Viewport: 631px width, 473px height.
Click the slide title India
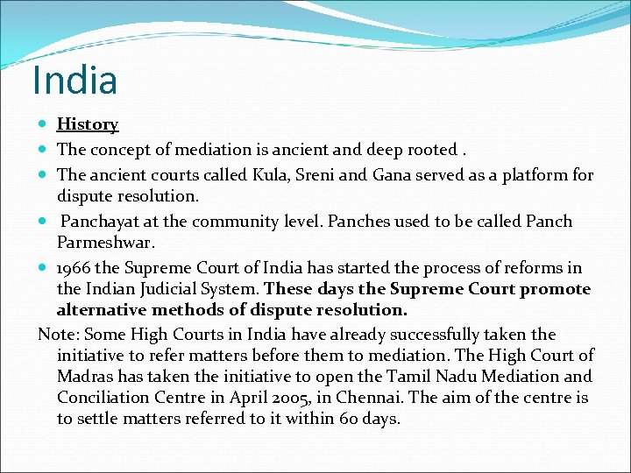[x=74, y=81]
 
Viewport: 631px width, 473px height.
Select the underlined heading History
[x=88, y=125]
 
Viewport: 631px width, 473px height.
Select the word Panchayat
[x=103, y=222]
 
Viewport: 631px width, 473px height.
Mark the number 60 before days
[x=347, y=418]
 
